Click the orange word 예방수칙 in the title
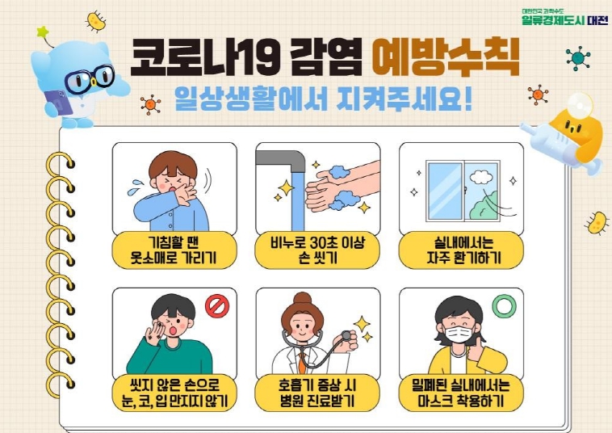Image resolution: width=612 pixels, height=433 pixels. [446, 57]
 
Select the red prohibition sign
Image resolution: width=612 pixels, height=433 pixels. [217, 306]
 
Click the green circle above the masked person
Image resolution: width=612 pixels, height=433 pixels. [505, 305]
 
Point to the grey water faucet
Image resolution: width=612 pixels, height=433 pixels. [281, 159]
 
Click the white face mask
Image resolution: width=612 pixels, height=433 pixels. [459, 334]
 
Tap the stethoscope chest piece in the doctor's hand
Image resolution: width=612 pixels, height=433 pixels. [346, 335]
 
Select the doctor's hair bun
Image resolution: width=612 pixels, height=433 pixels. [303, 298]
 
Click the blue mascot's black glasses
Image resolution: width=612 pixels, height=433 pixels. [90, 79]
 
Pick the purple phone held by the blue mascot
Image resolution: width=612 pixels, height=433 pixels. [58, 103]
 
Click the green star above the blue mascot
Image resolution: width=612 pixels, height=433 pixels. [43, 32]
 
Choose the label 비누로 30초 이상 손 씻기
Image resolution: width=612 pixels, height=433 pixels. [317, 250]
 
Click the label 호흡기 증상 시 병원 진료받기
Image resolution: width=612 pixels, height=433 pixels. [317, 393]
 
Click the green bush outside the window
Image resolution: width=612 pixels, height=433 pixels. [484, 206]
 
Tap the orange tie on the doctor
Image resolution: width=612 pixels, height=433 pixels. [302, 362]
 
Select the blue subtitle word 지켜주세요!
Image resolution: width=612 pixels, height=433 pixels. [405, 99]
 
